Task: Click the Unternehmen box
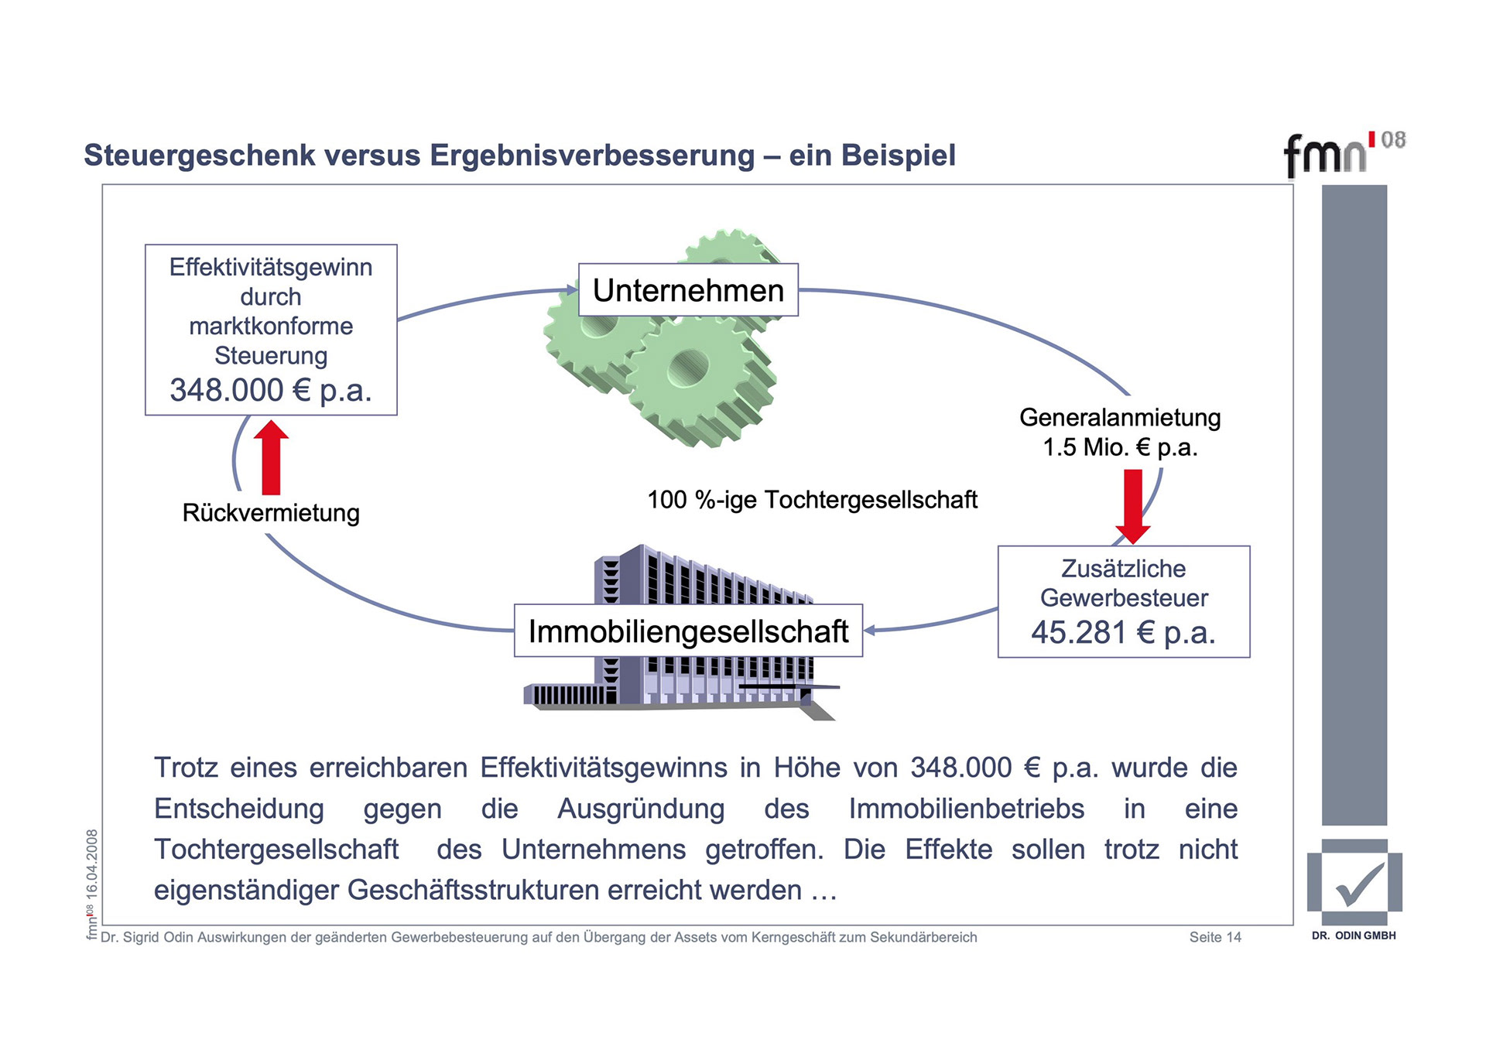pyautogui.click(x=688, y=290)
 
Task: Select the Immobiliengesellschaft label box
pyautogui.click(x=688, y=631)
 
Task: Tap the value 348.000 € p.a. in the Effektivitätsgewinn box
pyautogui.click(x=271, y=390)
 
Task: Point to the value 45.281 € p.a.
pyautogui.click(x=1123, y=632)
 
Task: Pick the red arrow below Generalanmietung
pyautogui.click(x=1132, y=505)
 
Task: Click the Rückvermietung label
pyautogui.click(x=271, y=513)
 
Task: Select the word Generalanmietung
pyautogui.click(x=1120, y=418)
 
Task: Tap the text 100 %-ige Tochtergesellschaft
pyautogui.click(x=812, y=500)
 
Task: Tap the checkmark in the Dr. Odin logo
pyautogui.click(x=1358, y=884)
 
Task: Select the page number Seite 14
pyautogui.click(x=1214, y=937)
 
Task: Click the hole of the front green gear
pyautogui.click(x=688, y=366)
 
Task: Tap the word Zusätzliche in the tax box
pyautogui.click(x=1123, y=569)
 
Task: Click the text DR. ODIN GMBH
pyautogui.click(x=1354, y=935)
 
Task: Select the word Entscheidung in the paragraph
pyautogui.click(x=239, y=809)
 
